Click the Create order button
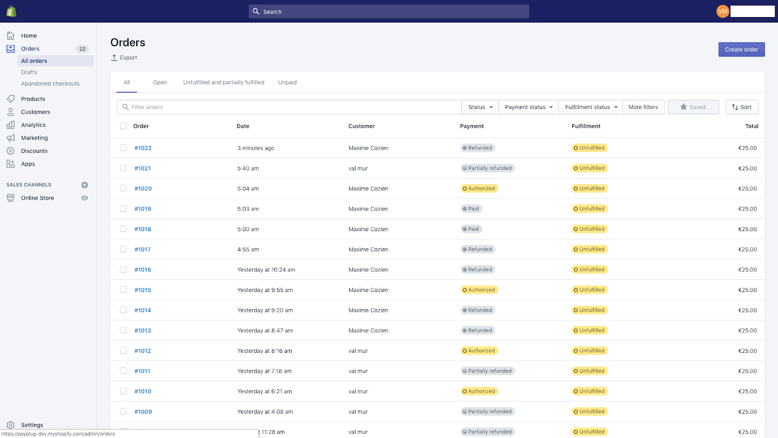pos(741,50)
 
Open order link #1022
pos(143,148)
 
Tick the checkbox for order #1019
pos(123,209)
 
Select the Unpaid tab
pos(287,82)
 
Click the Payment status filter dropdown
pos(529,107)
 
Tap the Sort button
pos(742,107)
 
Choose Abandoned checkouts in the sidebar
pos(50,84)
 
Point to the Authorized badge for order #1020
pos(479,188)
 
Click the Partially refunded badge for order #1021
pos(488,168)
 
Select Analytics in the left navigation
pos(33,125)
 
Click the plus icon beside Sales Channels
pos(85,185)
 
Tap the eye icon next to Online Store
pos(85,198)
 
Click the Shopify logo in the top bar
pos(11,11)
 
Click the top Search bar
pos(389,12)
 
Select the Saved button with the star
pos(693,107)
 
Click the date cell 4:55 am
pos(248,249)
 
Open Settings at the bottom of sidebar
pos(32,425)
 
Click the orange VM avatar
pos(723,11)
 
